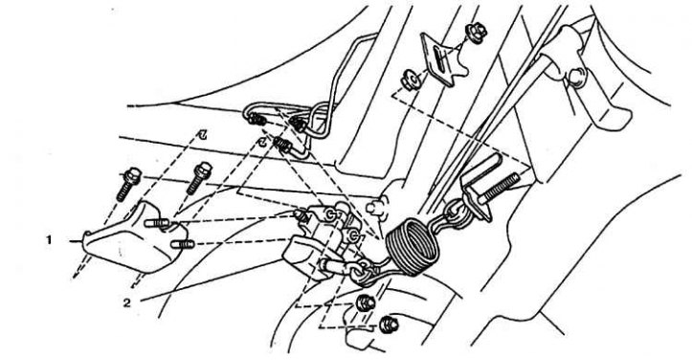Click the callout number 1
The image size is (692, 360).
[x=49, y=240]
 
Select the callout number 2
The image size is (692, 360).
[x=127, y=303]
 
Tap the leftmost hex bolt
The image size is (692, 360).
[x=128, y=184]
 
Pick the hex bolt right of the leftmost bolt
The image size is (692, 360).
[x=199, y=177]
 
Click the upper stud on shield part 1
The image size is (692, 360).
[x=157, y=223]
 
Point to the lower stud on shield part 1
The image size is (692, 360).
[x=182, y=244]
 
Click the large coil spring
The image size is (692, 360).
[x=413, y=245]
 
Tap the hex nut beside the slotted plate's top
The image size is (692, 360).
[x=477, y=34]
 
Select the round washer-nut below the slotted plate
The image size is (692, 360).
[x=411, y=80]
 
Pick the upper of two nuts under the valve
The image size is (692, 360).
[x=366, y=303]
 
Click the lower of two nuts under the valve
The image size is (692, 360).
[x=389, y=325]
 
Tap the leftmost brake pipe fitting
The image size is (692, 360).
[x=256, y=119]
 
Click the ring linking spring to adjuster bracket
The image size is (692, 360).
[x=454, y=211]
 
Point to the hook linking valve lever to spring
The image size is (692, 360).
[x=360, y=272]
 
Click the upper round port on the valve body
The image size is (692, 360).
[x=330, y=214]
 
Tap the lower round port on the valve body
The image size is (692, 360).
[x=354, y=236]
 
